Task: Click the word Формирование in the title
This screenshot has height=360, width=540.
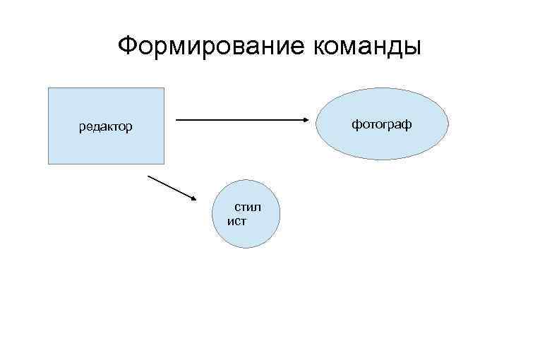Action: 210,47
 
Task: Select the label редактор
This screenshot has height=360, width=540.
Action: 105,127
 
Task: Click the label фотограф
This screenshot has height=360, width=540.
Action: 382,124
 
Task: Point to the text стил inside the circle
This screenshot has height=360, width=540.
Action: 248,208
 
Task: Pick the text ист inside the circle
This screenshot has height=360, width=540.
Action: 236,221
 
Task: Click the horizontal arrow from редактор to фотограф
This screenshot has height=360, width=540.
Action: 240,120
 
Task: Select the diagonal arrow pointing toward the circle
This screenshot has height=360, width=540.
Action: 173,188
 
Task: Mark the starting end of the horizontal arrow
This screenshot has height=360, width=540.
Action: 176,120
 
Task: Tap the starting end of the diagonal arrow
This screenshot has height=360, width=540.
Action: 148,175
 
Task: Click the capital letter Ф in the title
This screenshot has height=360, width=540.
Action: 128,47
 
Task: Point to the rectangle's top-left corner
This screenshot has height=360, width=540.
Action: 48,88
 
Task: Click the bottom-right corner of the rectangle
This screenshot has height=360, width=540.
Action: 164,164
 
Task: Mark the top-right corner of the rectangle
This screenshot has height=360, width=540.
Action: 164,88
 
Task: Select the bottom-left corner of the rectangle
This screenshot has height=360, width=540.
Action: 48,164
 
